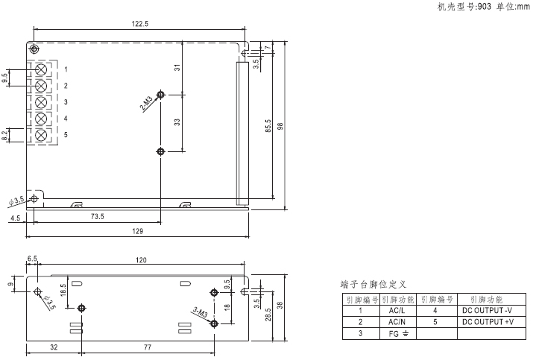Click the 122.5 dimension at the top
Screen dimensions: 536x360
[140, 24]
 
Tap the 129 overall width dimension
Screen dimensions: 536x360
[137, 232]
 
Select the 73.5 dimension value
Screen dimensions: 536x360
[98, 216]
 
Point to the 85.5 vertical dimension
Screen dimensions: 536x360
[268, 126]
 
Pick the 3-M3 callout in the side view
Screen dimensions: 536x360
[201, 312]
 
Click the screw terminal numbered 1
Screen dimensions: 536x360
[41, 69]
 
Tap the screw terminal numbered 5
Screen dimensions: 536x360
[41, 135]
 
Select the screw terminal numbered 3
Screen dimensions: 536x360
[41, 102]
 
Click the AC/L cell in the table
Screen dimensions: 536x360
[397, 311]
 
